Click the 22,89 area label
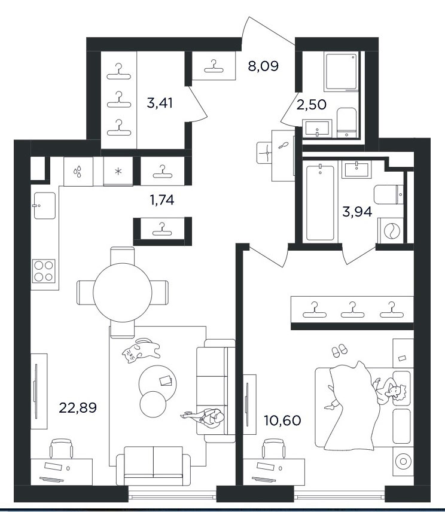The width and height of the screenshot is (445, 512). [x=78, y=407]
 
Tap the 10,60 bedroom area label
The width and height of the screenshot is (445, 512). [x=282, y=420]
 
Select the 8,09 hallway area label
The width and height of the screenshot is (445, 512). [x=263, y=66]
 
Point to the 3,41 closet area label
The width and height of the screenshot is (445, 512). [x=160, y=103]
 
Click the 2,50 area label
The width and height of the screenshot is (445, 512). [x=312, y=105]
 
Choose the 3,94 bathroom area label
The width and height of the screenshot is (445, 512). [x=357, y=212]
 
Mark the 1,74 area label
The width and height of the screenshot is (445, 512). [x=162, y=200]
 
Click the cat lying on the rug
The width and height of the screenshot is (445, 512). [x=141, y=351]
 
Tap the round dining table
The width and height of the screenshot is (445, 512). [x=123, y=292]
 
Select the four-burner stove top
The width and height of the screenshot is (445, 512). [x=44, y=271]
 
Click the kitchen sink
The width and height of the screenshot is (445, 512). [x=44, y=205]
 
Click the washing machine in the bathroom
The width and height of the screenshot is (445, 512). [x=390, y=231]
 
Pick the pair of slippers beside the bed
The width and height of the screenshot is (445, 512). [x=340, y=350]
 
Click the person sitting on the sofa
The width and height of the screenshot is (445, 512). [x=206, y=417]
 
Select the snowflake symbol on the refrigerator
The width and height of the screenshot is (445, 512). [x=118, y=171]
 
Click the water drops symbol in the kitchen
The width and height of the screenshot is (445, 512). [x=78, y=172]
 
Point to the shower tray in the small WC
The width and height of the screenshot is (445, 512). [x=341, y=72]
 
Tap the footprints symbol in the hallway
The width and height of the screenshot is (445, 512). [x=283, y=145]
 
